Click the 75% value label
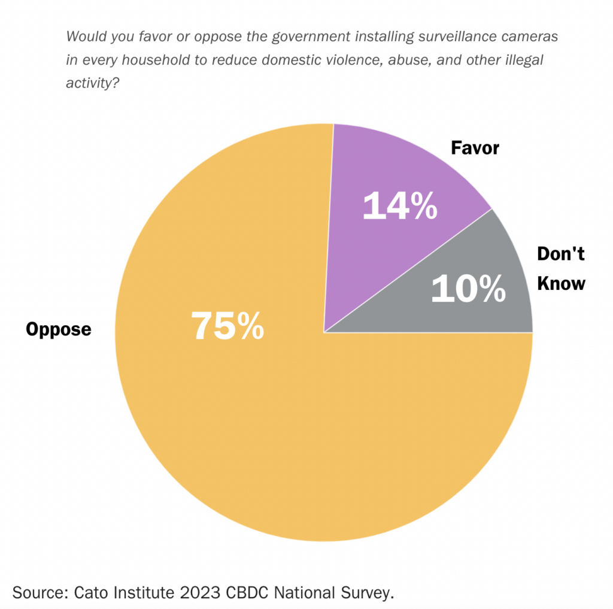pos(227,326)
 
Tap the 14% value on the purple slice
pos(400,205)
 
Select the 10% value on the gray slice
pos(468,289)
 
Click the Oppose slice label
pos(58,329)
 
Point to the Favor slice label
pos(475,147)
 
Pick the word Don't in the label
pos(560,254)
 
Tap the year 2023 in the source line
pos(191,593)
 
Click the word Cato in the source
pos(91,593)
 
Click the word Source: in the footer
pos(39,593)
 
